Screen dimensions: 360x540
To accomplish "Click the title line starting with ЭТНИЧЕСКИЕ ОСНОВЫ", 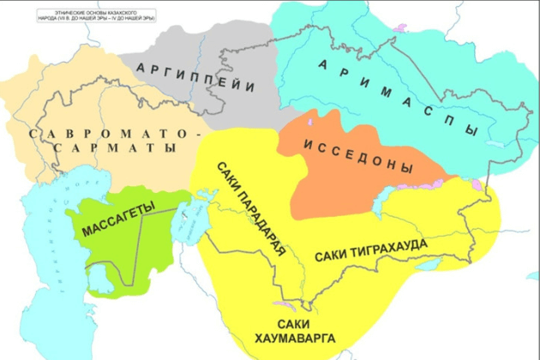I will click(x=81, y=9).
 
